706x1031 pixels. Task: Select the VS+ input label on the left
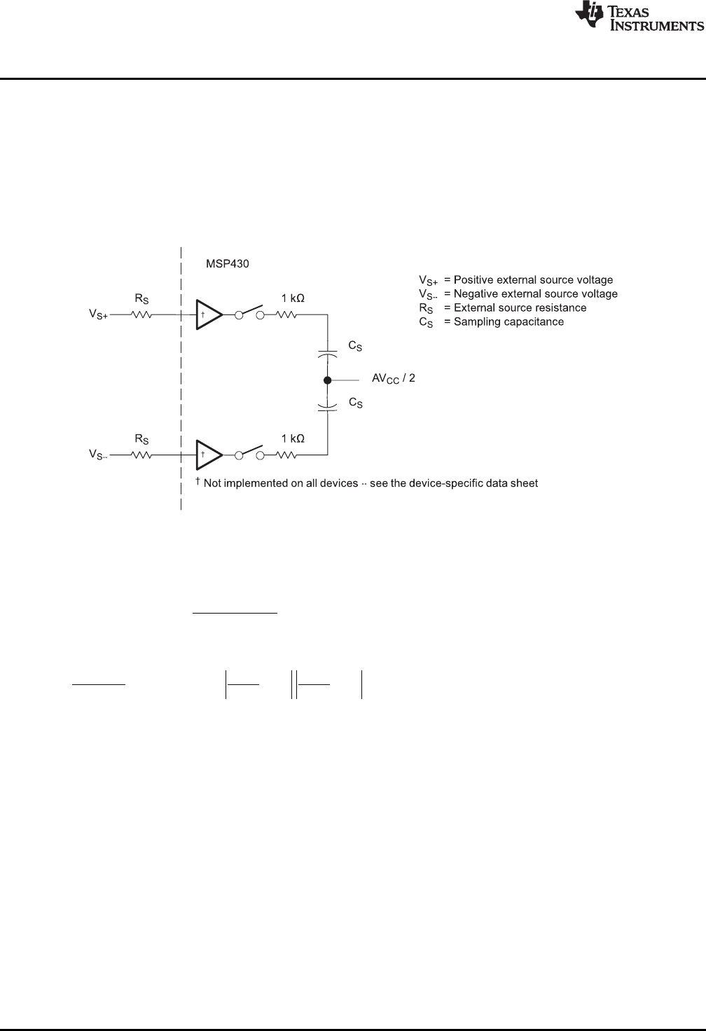pyautogui.click(x=99, y=316)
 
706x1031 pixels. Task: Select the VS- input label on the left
pyautogui.click(x=99, y=455)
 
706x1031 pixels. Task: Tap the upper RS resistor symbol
pyautogui.click(x=141, y=315)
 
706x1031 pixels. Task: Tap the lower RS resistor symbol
pyautogui.click(x=141, y=455)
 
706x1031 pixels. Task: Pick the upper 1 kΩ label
pyautogui.click(x=293, y=298)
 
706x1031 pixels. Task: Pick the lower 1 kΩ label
pyautogui.click(x=293, y=438)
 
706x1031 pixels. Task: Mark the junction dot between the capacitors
pyautogui.click(x=327, y=380)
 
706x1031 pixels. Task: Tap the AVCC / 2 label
pyautogui.click(x=394, y=380)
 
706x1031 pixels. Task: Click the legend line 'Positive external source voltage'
pyautogui.click(x=515, y=280)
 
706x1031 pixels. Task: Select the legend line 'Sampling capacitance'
pyautogui.click(x=491, y=322)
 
